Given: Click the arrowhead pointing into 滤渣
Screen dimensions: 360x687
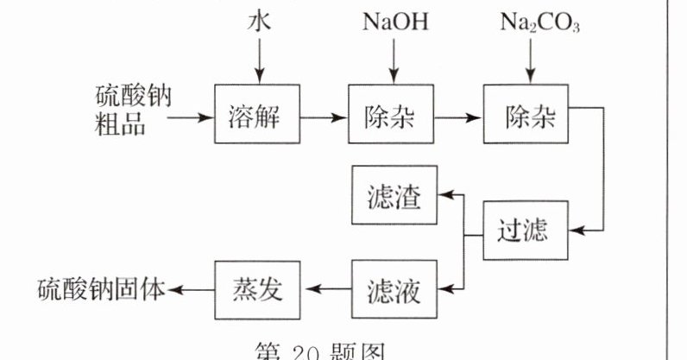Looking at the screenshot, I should coord(444,197).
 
